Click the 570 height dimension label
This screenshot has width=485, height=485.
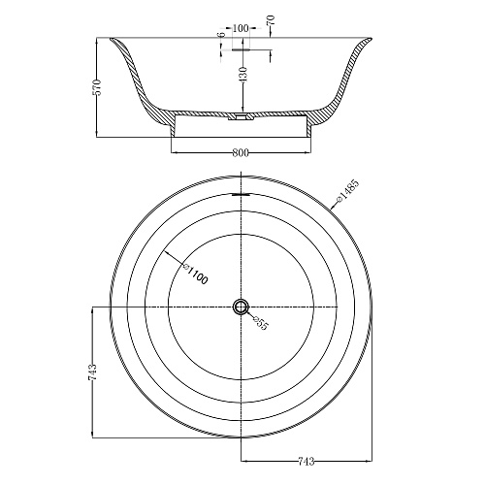[97, 87]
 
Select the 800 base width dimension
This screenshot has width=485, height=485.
[241, 152]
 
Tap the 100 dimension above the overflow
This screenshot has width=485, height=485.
[241, 28]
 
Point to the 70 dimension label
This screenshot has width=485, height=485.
[271, 20]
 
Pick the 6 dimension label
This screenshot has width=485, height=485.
[221, 35]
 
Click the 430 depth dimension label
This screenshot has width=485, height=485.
[243, 74]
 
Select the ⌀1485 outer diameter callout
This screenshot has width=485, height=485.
[347, 191]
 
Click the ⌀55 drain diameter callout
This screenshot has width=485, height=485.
[261, 323]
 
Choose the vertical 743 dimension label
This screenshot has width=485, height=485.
[92, 372]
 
